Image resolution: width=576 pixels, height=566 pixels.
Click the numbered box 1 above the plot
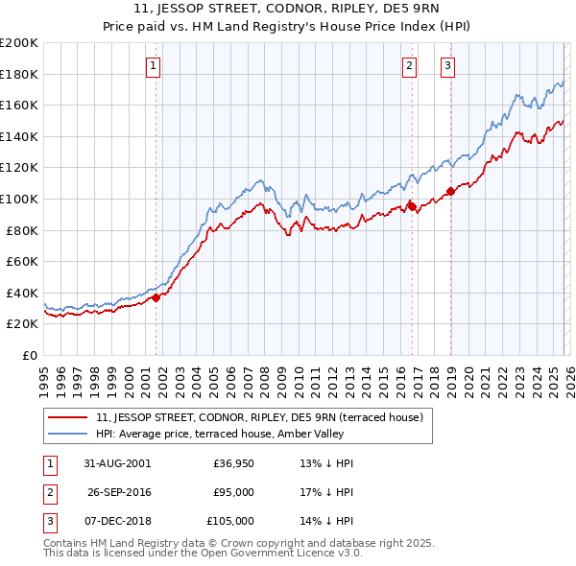(155, 65)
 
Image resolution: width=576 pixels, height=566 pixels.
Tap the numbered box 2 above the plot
(410, 65)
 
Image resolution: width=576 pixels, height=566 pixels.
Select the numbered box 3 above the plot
(447, 65)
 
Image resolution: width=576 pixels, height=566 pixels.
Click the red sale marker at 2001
(156, 297)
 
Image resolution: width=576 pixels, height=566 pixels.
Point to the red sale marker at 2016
(411, 206)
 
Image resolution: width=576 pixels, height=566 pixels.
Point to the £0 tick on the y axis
(31, 355)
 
